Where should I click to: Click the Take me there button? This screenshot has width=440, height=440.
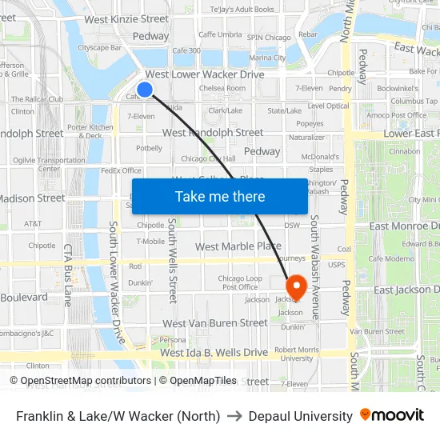[220, 196]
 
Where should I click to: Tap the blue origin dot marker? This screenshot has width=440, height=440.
[145, 89]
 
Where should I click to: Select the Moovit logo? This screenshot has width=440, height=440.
[392, 415]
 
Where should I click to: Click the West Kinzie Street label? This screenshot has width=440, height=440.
[126, 18]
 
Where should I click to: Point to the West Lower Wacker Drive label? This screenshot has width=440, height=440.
[205, 74]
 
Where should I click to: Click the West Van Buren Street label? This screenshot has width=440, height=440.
[214, 323]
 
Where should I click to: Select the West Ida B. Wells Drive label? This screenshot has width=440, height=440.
[214, 352]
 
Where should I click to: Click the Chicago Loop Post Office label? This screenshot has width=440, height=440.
[240, 282]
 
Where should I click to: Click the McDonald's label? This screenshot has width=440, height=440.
[320, 157]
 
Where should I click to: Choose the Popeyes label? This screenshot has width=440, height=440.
[310, 124]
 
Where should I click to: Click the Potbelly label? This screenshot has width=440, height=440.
[150, 148]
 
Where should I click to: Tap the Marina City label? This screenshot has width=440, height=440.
[267, 58]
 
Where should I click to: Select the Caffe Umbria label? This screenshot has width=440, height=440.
[220, 34]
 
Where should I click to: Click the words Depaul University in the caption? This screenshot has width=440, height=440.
[300, 416]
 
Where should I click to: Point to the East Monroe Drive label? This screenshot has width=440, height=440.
[404, 226]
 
